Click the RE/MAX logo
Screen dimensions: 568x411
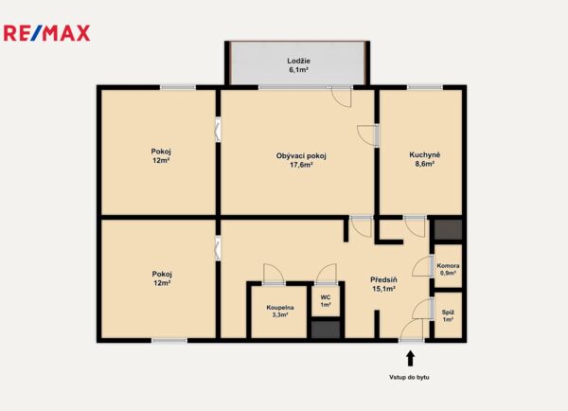[x=46, y=33]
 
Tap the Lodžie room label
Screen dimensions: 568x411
[x=298, y=61]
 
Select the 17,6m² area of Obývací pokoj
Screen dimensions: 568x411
[x=301, y=165]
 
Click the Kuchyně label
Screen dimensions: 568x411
[x=424, y=154]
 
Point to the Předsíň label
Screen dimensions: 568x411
[x=383, y=279]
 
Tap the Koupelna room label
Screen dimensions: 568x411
[x=280, y=308]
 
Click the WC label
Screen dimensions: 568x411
[x=326, y=297]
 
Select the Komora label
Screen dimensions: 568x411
[x=448, y=266]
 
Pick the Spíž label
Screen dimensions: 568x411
[x=448, y=313]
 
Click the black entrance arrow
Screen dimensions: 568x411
[x=411, y=359]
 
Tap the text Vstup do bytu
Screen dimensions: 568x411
[x=409, y=377]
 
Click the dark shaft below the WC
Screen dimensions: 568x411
[x=326, y=330]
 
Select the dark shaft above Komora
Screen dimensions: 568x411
[x=448, y=229]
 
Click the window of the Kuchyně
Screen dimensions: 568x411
[x=425, y=87]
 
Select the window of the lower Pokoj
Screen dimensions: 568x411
[x=169, y=341]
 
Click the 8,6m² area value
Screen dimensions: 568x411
[x=424, y=164]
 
